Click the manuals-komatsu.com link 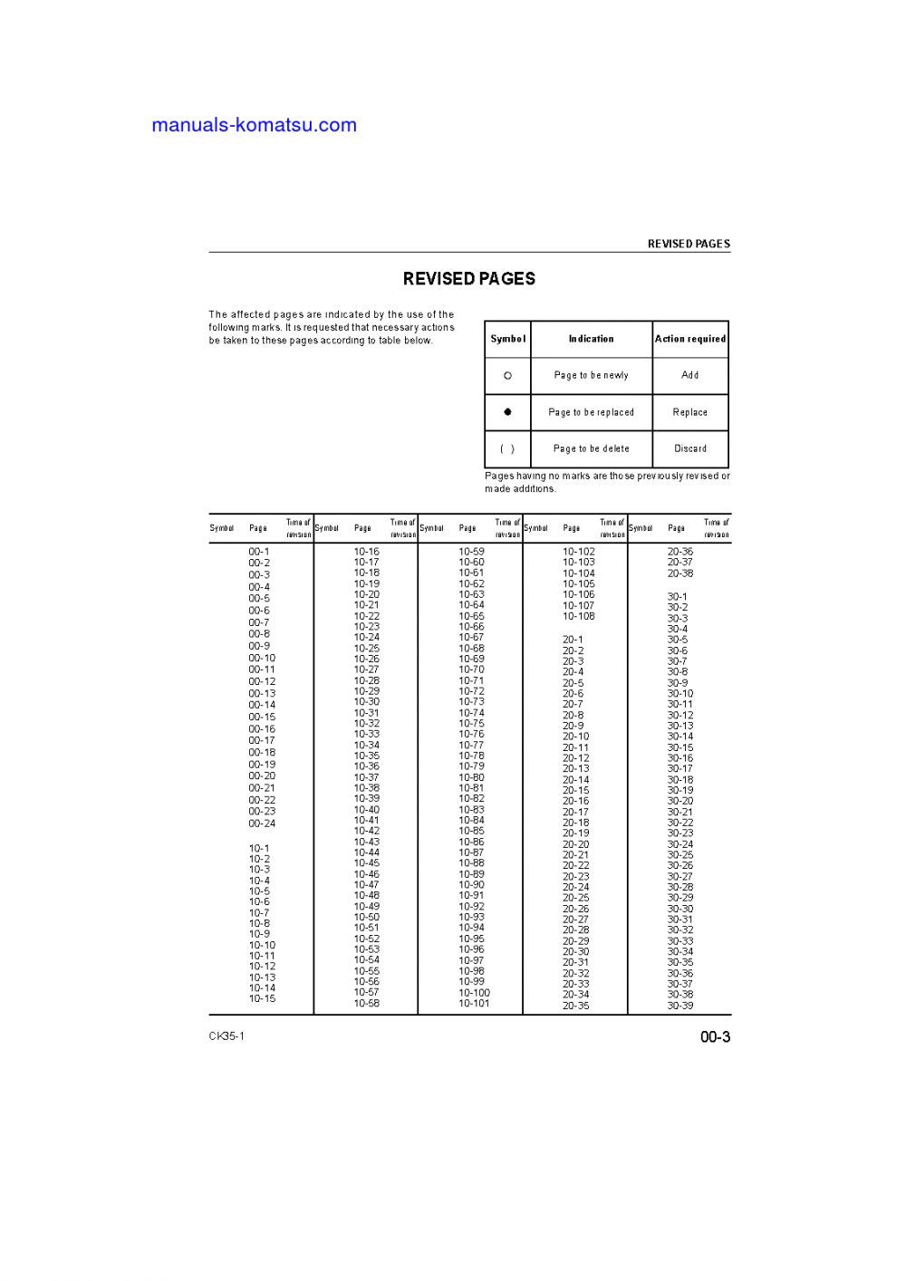(x=254, y=125)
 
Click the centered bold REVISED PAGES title (x=469, y=279)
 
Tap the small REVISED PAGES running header (x=689, y=244)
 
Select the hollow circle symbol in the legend (x=507, y=375)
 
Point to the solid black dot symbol (x=507, y=412)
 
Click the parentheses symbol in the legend (x=507, y=448)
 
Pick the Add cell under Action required (x=690, y=375)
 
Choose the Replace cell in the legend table (x=690, y=412)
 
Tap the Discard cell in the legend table (x=690, y=448)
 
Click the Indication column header (x=592, y=339)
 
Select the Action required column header (x=690, y=339)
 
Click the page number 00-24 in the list (x=262, y=823)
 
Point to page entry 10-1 (x=259, y=849)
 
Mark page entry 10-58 (x=367, y=1004)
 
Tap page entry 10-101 (x=474, y=1004)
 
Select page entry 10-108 (x=579, y=617)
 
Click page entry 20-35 (x=576, y=1006)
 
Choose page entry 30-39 (x=680, y=1006)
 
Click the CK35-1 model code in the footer (x=226, y=1036)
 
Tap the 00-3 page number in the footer (x=715, y=1037)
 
